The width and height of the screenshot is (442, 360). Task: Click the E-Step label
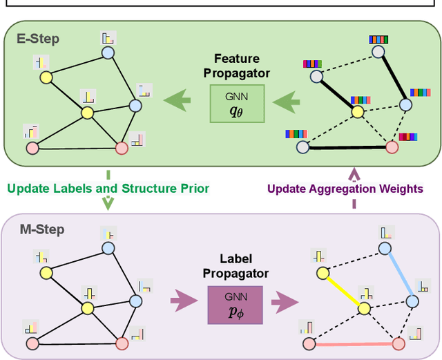tap(38, 39)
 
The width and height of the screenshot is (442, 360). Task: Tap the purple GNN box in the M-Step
tap(235, 305)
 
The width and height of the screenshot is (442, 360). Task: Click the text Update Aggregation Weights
tap(345, 189)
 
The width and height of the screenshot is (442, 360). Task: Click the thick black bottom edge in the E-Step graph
tap(347, 147)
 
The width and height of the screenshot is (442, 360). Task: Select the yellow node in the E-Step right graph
tap(358, 111)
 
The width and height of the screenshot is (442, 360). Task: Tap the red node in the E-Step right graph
tap(392, 146)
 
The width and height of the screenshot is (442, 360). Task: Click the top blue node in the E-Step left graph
tap(108, 53)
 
